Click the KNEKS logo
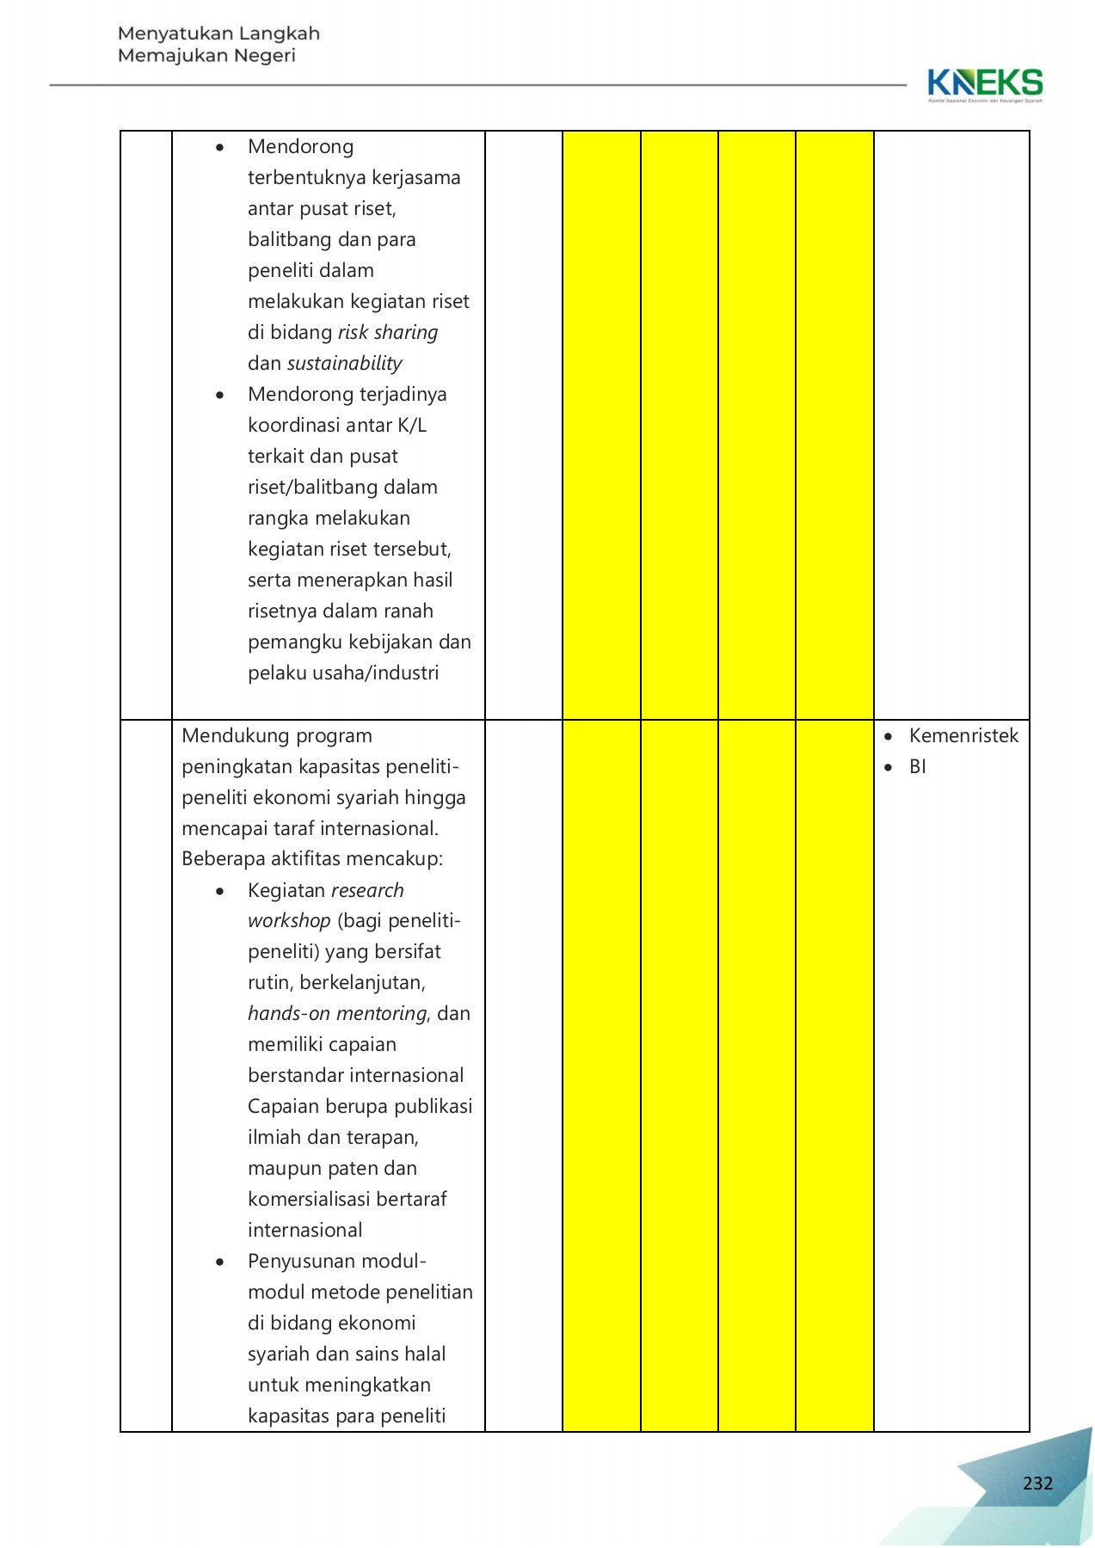pyautogui.click(x=985, y=84)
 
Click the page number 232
pyautogui.click(x=1037, y=1483)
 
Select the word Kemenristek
pyautogui.click(x=963, y=735)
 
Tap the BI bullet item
pyautogui.click(x=917, y=766)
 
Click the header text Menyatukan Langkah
pyautogui.click(x=218, y=34)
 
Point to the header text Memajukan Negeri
pyautogui.click(x=206, y=56)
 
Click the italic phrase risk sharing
pyautogui.click(x=388, y=332)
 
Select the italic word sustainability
pyautogui.click(x=344, y=363)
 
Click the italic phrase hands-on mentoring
pyautogui.click(x=337, y=1013)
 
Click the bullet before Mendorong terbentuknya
pyautogui.click(x=220, y=148)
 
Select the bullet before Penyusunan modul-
pyautogui.click(x=220, y=1262)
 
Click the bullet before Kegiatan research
pyautogui.click(x=220, y=892)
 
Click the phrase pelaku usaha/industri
pyautogui.click(x=343, y=673)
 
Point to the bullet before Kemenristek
pyautogui.click(x=889, y=737)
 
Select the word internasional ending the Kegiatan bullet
pyautogui.click(x=305, y=1230)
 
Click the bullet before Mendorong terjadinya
pyautogui.click(x=220, y=396)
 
